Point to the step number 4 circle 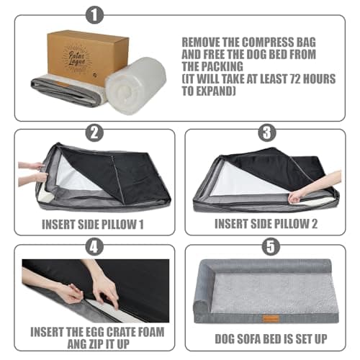93,246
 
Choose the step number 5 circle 266,246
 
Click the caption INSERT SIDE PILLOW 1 93,224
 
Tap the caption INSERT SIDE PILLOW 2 267,224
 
